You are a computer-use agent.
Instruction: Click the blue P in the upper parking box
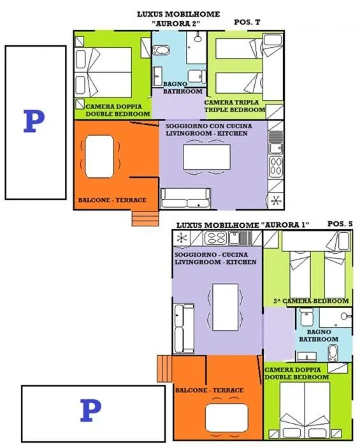click(x=34, y=121)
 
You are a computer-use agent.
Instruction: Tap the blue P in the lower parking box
click(x=90, y=410)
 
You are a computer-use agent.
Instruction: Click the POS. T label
click(x=247, y=22)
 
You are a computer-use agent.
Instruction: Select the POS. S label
click(x=340, y=224)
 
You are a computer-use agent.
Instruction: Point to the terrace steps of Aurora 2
click(x=145, y=218)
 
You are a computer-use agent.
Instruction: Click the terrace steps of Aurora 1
click(x=164, y=369)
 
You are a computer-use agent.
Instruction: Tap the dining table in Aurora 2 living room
click(x=207, y=157)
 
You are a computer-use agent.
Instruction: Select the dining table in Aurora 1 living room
click(x=226, y=307)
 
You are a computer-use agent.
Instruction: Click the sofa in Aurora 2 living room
click(x=185, y=198)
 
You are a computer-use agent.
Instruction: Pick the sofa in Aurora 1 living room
click(x=184, y=328)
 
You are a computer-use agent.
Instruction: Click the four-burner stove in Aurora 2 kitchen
click(x=276, y=166)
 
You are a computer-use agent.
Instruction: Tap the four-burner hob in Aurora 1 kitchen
click(x=216, y=238)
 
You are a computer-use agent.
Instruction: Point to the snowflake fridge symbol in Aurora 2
click(x=276, y=201)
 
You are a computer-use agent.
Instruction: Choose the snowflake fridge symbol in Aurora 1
click(x=182, y=238)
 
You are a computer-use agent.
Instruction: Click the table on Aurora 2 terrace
click(x=99, y=156)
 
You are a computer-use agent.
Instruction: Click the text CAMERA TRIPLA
click(x=231, y=102)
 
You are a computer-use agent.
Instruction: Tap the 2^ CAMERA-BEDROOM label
click(x=311, y=301)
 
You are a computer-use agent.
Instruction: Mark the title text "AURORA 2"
click(x=177, y=24)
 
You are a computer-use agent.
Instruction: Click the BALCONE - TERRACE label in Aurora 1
click(x=210, y=390)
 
